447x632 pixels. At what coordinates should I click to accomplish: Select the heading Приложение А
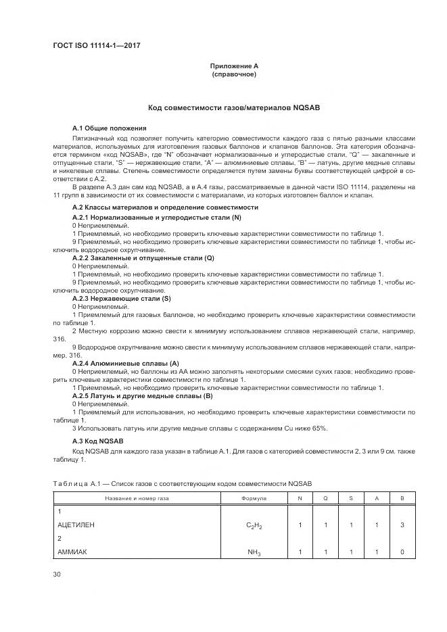click(x=234, y=66)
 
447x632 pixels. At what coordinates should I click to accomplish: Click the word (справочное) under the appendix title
click(x=234, y=74)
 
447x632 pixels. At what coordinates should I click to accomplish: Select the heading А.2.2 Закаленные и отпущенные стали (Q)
click(x=143, y=258)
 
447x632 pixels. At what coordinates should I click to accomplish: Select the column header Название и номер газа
click(x=137, y=498)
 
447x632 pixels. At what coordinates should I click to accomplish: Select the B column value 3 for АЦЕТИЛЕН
click(x=402, y=524)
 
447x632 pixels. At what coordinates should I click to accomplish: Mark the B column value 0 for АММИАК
click(x=402, y=552)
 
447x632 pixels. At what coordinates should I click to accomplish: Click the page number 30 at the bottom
click(x=57, y=575)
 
